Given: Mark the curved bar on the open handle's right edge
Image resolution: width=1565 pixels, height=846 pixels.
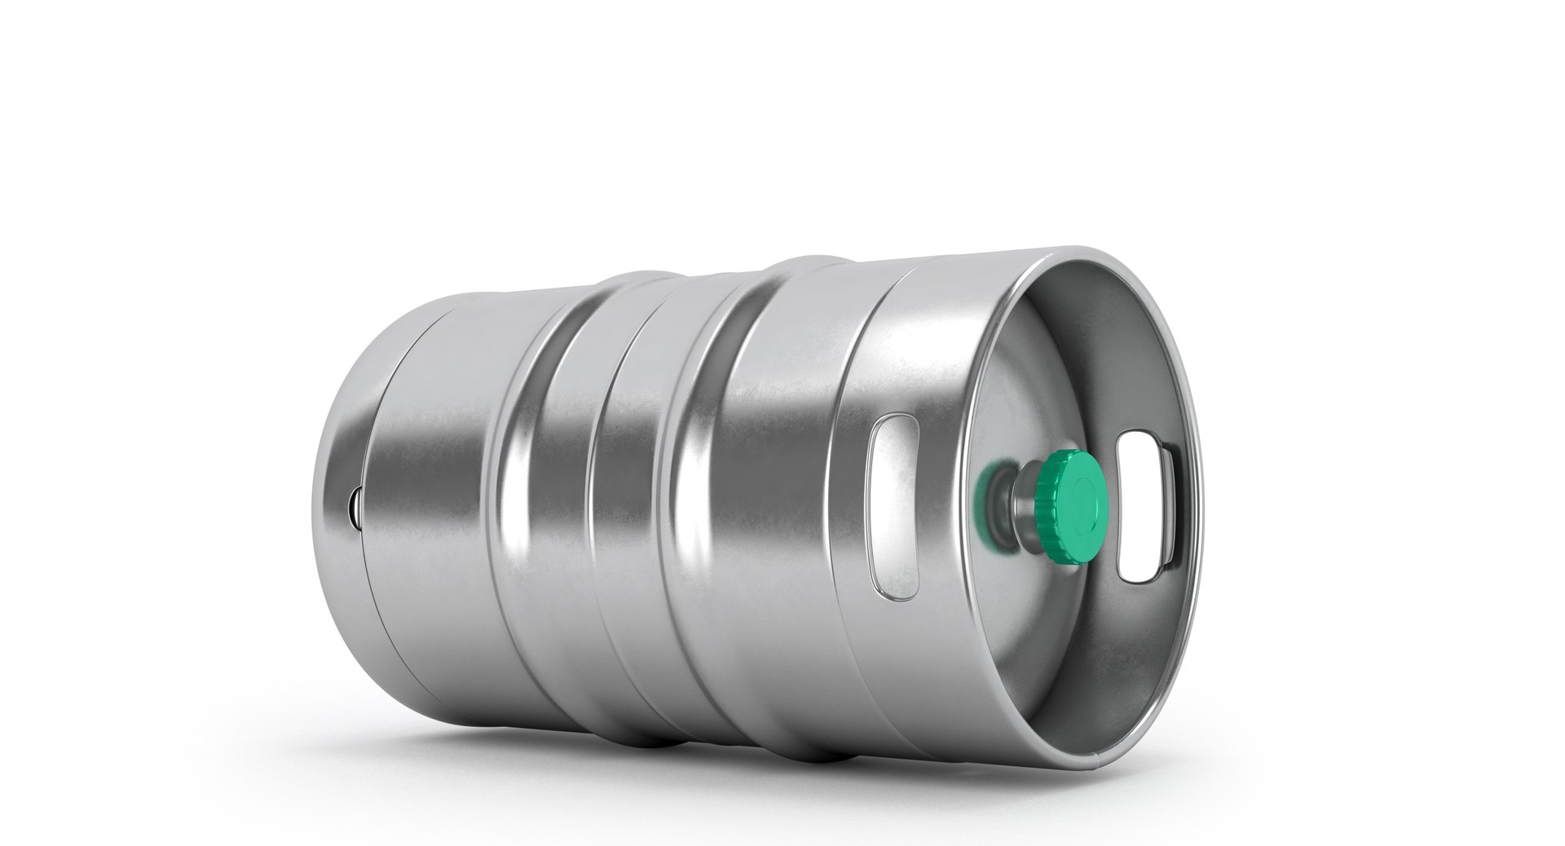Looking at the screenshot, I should (x=1172, y=509).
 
